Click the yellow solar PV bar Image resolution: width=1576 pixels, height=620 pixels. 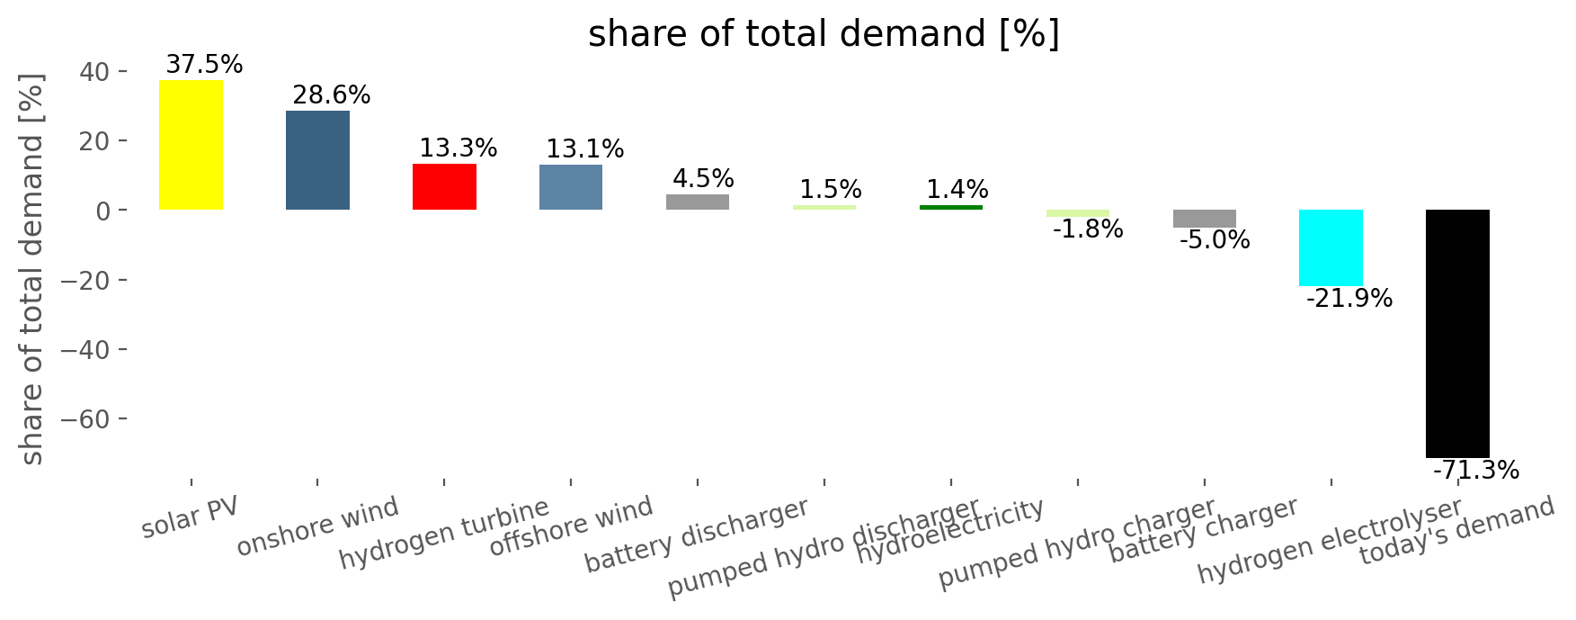pos(191,145)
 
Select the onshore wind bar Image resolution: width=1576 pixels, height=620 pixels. pos(317,160)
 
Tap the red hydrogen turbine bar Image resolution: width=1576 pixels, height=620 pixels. pos(444,186)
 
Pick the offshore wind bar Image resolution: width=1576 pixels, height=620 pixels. pos(571,187)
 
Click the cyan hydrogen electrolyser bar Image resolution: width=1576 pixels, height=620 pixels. pos(1331,247)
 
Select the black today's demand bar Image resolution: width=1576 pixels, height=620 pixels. pos(1457,334)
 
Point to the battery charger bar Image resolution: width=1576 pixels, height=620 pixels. pos(1204,219)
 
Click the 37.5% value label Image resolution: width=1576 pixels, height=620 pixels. pos(204,65)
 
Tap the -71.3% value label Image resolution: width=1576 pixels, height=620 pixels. pos(1475,471)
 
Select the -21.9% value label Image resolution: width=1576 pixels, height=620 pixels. pos(1349,299)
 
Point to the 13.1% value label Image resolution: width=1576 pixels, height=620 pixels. pos(584,149)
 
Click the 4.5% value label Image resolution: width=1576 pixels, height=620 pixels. pos(704,179)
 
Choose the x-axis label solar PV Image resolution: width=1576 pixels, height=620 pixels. pos(191,517)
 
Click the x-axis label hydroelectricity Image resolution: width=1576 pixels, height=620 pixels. pos(950,532)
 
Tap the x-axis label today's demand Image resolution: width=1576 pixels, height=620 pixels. pos(1456,531)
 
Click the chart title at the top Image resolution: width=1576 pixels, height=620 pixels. pos(824,35)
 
